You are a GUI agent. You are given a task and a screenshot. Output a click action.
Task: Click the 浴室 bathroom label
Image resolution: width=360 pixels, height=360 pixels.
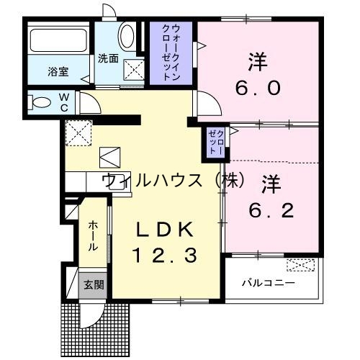pos(58,71)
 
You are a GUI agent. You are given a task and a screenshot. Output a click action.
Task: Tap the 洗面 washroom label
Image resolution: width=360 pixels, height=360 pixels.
pos(108,59)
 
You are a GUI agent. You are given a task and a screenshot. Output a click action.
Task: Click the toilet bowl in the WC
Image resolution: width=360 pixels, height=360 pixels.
pos(42,102)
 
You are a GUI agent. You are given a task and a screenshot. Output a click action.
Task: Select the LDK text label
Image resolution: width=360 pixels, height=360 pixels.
pos(165,230)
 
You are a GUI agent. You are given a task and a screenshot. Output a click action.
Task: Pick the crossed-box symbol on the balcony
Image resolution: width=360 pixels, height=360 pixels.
pos(298,265)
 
